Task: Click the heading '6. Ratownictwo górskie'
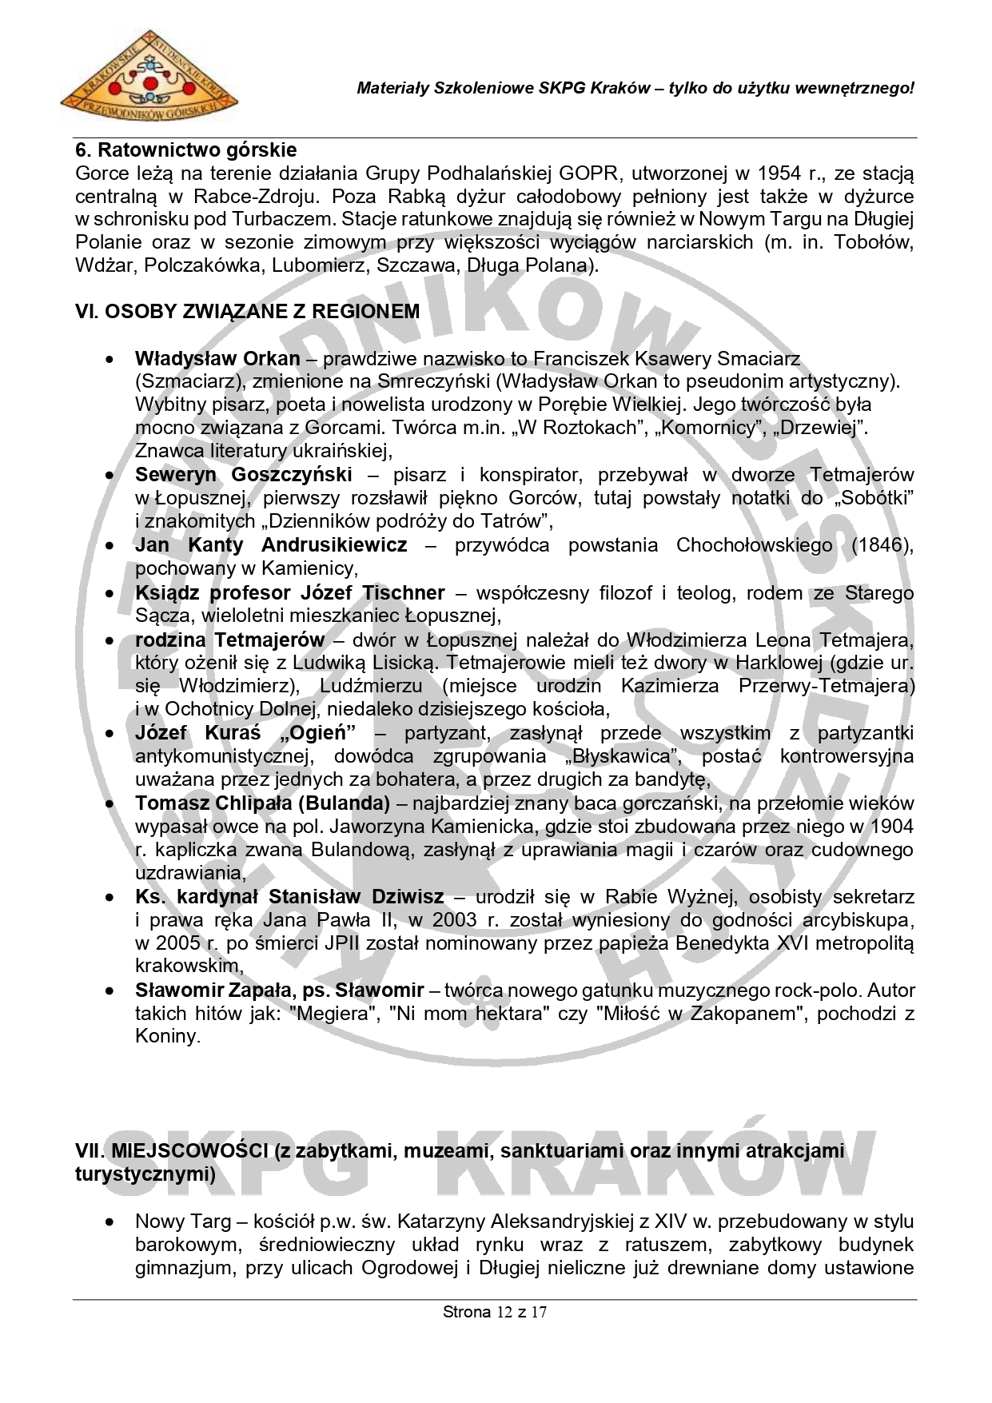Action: point(185,149)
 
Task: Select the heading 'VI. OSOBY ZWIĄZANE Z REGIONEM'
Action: point(247,311)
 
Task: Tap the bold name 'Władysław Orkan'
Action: point(217,359)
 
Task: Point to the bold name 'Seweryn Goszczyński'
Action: point(244,475)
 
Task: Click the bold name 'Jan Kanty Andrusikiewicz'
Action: point(271,545)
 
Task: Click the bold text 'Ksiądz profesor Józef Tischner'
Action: point(289,592)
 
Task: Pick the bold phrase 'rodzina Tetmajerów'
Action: point(229,640)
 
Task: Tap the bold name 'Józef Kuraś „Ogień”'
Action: point(245,733)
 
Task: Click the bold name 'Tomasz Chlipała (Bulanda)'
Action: point(262,803)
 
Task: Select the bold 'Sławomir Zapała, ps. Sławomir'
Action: point(279,990)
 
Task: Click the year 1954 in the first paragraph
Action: point(780,173)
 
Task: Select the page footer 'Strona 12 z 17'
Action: point(495,1311)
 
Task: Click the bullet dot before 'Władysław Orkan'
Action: point(111,360)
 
